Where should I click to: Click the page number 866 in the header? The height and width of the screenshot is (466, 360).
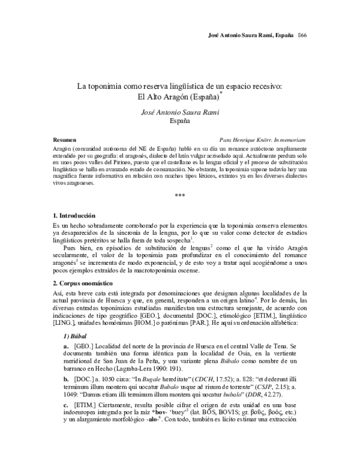pyautogui.click(x=302, y=36)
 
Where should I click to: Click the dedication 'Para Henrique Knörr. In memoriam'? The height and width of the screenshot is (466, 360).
pyautogui.click(x=263, y=138)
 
